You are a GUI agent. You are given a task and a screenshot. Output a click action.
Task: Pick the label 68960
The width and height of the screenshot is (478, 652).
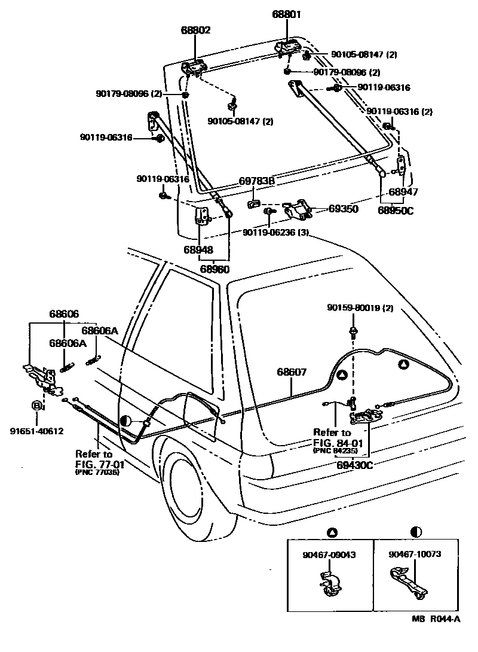click(x=214, y=269)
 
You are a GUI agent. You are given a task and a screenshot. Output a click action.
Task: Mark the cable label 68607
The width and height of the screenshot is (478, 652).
click(x=292, y=372)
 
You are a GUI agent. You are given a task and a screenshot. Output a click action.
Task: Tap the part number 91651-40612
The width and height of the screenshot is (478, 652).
click(x=36, y=431)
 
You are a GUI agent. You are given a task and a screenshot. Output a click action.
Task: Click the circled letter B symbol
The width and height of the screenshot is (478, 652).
click(x=36, y=406)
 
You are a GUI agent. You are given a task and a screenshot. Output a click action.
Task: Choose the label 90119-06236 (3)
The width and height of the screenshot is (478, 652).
click(x=275, y=233)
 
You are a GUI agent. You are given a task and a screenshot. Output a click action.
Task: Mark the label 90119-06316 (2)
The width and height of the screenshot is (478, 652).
click(x=399, y=111)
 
